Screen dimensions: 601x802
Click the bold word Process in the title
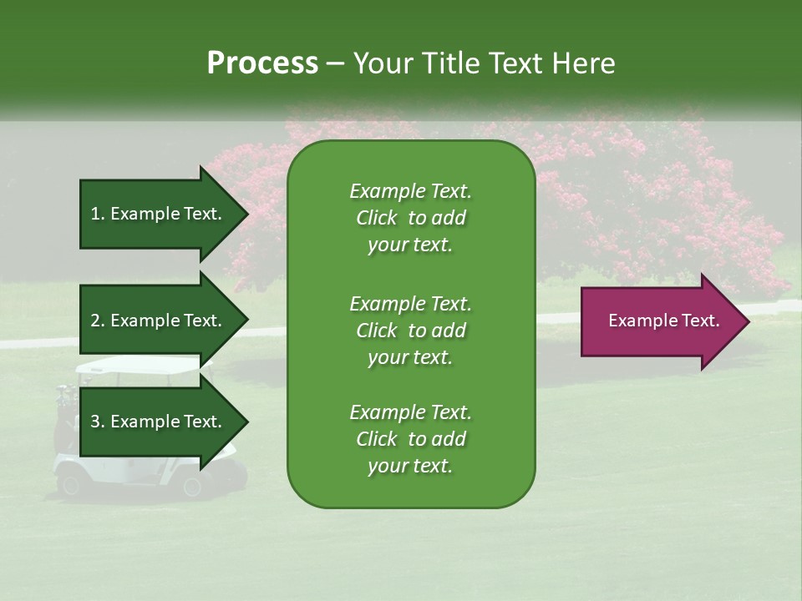262,63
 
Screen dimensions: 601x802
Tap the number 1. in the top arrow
98,214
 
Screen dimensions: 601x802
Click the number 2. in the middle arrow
98,321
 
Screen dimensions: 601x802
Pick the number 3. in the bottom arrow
98,422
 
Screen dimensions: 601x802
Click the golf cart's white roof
138,365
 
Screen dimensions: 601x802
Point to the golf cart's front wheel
192,486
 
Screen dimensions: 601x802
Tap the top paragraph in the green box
410,218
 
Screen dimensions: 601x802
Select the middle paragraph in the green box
410,331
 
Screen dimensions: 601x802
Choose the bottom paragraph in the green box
410,439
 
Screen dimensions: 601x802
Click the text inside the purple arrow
663,321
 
